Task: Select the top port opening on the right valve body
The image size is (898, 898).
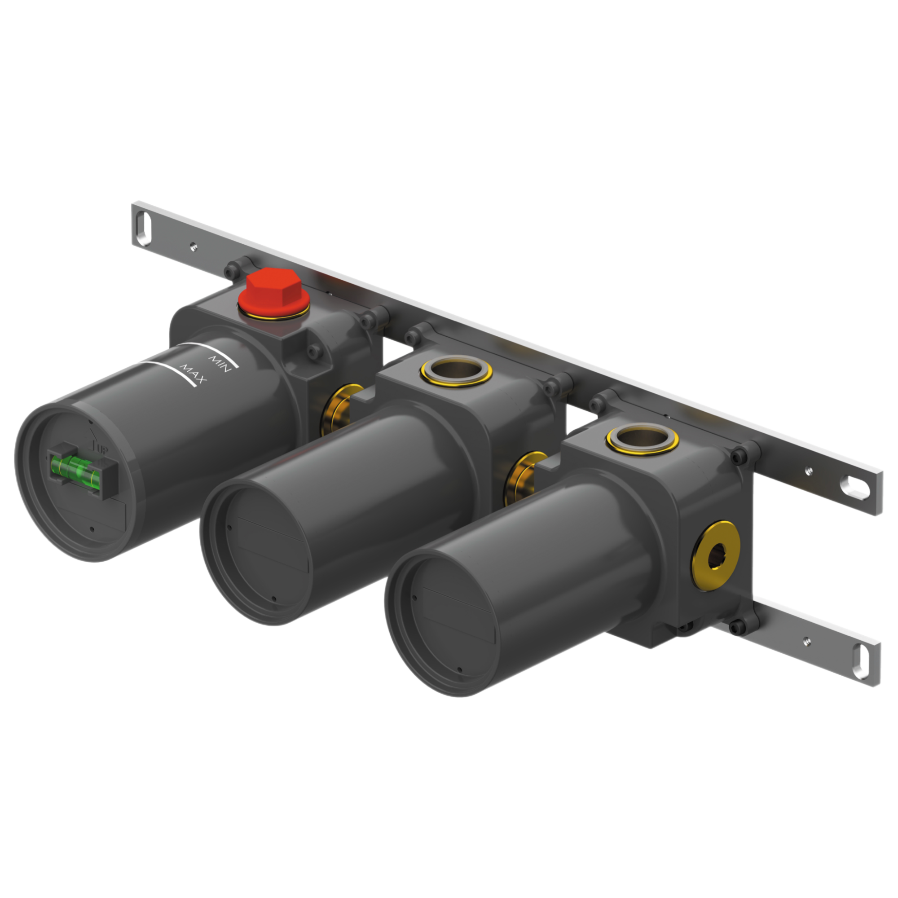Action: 643,438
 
